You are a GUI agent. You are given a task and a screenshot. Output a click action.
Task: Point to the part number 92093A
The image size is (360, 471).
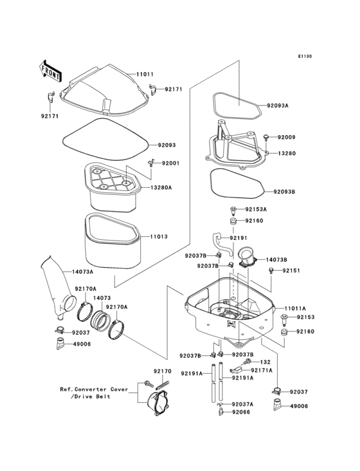[277, 106]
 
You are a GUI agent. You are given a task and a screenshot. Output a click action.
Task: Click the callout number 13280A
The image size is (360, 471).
[161, 188]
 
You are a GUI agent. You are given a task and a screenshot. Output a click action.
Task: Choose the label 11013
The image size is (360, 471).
[159, 237]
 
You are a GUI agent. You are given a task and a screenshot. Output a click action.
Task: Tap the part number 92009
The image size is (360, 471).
[287, 137]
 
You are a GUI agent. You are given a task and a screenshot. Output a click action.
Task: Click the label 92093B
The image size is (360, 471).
[284, 191]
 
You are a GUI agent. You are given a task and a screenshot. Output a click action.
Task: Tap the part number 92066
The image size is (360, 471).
[241, 412]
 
